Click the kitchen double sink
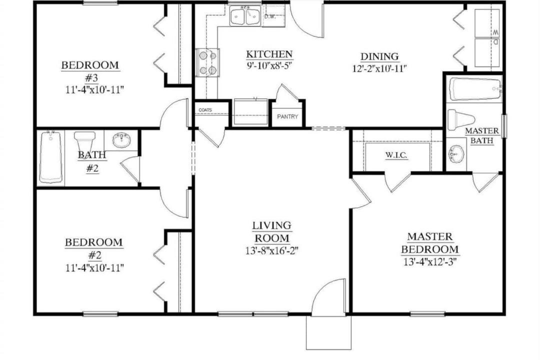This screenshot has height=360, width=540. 245,16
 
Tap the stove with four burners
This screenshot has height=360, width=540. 207,62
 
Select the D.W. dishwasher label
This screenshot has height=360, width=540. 270,16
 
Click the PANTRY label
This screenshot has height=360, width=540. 287,116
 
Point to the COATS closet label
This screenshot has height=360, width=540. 205,110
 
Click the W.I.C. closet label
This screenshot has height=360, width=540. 396,155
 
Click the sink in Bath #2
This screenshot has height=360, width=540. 121,140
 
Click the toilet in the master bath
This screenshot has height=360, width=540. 461,120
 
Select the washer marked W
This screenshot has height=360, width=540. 487,23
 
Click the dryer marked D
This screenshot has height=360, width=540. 487,52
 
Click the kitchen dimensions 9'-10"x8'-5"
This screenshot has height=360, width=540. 269,65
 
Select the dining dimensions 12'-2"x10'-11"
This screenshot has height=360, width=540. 379,68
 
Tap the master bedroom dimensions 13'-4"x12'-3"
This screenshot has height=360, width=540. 430,262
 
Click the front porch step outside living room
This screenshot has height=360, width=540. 328,332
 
